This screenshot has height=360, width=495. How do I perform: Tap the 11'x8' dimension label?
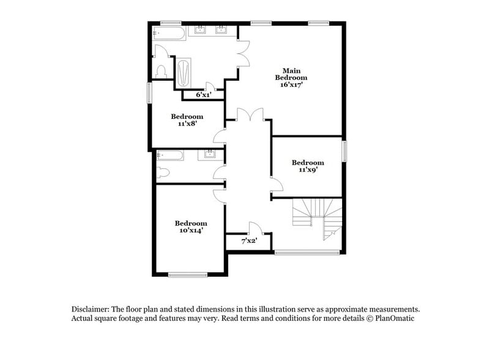(x=187, y=124)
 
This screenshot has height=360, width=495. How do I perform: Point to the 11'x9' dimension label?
(x=308, y=170)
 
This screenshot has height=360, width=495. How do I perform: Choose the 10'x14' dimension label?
(x=190, y=231)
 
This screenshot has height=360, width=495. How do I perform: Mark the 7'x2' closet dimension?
(x=248, y=241)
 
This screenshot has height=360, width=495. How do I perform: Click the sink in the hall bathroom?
(x=209, y=154)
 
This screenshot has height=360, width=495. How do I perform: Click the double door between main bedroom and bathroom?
(x=244, y=53)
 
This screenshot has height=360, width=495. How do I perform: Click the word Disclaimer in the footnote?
(x=91, y=309)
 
